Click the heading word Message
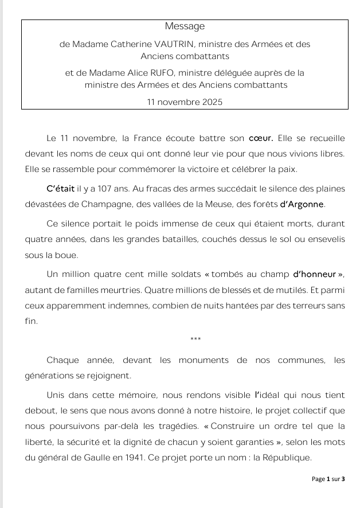pos(185,26)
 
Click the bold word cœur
pos(263,139)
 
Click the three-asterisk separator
pos(195,340)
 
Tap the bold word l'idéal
pos(269,396)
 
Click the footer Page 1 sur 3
pos(328,478)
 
